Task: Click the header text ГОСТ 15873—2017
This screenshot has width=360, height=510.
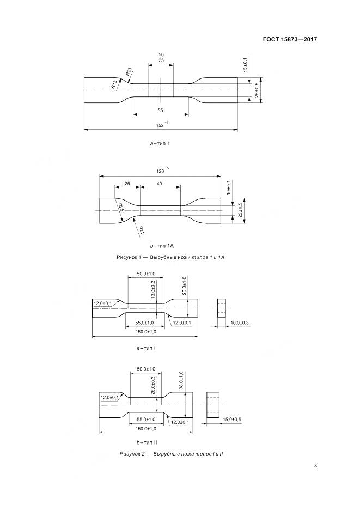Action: click(290, 39)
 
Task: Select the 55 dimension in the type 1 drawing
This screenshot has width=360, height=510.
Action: click(161, 110)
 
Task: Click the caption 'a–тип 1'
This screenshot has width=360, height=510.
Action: click(160, 144)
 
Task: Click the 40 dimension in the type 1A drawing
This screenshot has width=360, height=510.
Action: click(160, 184)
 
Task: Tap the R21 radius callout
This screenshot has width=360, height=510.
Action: click(141, 229)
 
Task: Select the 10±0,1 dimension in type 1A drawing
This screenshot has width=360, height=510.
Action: click(229, 188)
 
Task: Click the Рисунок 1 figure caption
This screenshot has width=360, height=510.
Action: click(170, 257)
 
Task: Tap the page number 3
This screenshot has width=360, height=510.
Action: click(316, 466)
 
